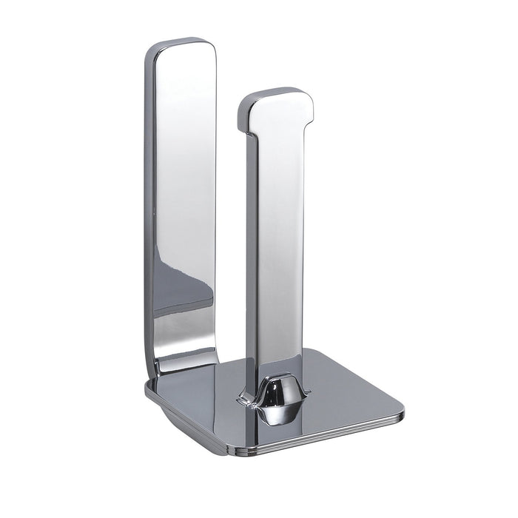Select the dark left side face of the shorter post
(x=244, y=244)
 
